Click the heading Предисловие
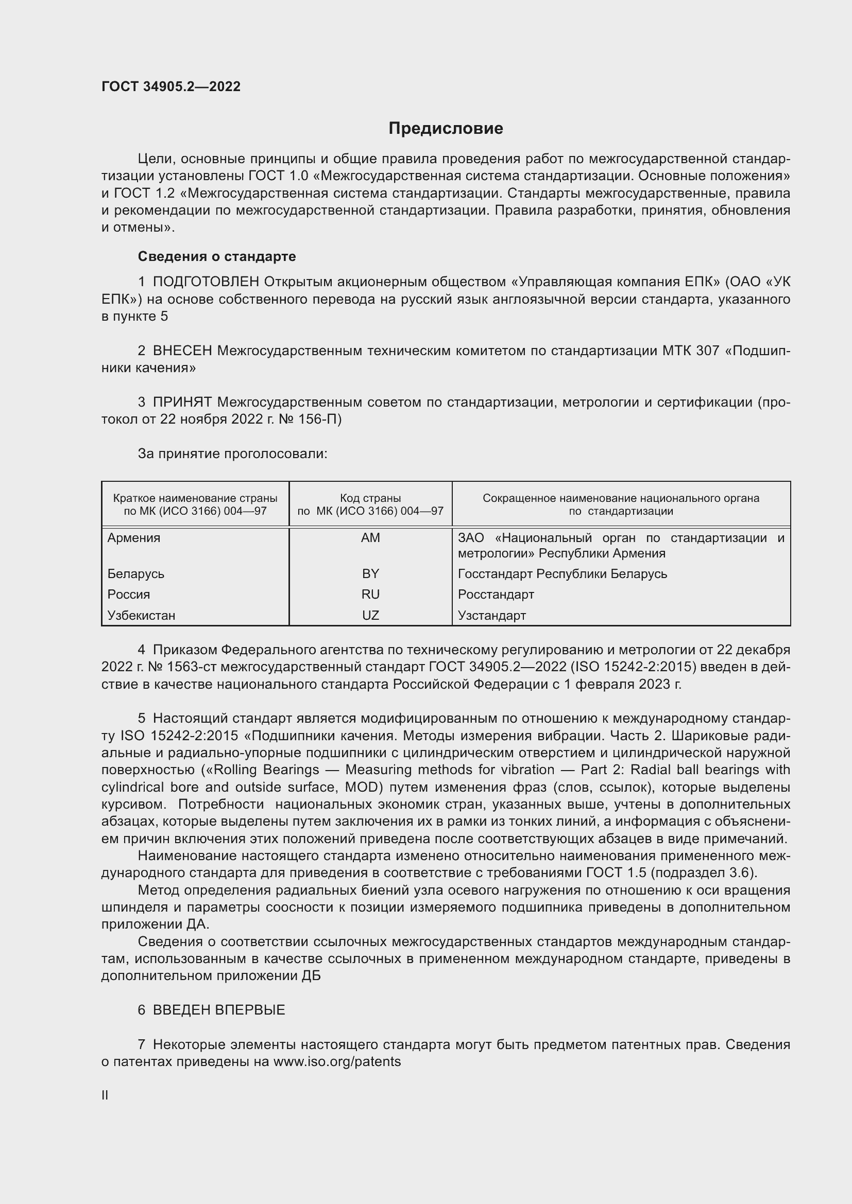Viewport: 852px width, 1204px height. coord(446,129)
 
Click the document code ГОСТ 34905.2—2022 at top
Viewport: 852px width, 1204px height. coord(171,87)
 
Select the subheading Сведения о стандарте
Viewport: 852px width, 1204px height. coord(217,256)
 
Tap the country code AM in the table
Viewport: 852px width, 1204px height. coord(370,538)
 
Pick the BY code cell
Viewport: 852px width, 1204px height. coord(370,573)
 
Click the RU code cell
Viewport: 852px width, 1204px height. coord(370,594)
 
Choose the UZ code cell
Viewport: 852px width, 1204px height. coord(370,615)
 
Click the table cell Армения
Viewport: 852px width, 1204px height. coord(134,538)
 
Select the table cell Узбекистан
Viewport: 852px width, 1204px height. coord(141,615)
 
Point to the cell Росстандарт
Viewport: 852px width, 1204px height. coord(496,594)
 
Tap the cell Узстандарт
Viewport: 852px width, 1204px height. coord(491,615)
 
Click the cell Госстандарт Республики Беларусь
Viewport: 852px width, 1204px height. coord(563,573)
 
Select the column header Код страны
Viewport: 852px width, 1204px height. coord(370,498)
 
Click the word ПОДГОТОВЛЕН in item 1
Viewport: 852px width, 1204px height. coord(206,282)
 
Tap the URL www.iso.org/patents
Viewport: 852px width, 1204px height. coord(337,1062)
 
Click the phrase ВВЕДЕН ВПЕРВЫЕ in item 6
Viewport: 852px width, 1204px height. coord(219,1010)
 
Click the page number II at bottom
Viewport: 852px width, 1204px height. coord(105,1095)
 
